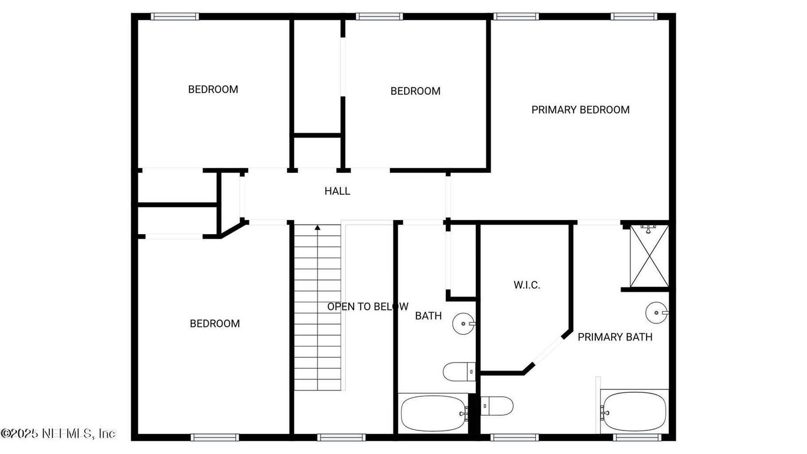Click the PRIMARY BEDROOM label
[x=580, y=109]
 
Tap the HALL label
[x=337, y=191]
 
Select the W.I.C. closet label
[x=526, y=285]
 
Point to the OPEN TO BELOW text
[x=367, y=306]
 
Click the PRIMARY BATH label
[x=615, y=337]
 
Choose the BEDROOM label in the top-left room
[x=213, y=89]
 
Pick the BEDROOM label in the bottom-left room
[x=215, y=323]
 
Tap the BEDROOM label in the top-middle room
[x=415, y=91]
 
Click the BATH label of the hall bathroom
[x=428, y=316]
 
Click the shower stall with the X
[x=649, y=256]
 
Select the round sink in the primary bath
[x=656, y=313]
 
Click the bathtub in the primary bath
[x=635, y=412]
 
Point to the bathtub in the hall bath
[x=433, y=413]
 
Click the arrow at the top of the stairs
[x=318, y=226]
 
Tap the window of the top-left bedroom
[x=175, y=16]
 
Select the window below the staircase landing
[x=341, y=437]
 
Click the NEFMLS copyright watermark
[x=58, y=433]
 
